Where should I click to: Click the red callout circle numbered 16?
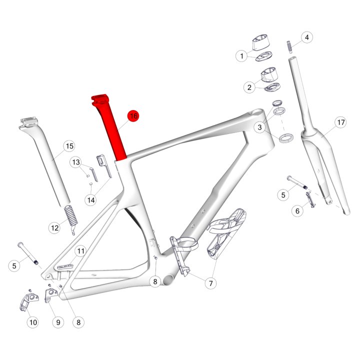click(133, 116)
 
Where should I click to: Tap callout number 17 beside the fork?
click(341, 122)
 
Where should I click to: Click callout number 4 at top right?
click(307, 37)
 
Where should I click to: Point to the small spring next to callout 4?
click(289, 47)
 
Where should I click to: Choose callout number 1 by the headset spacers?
click(241, 56)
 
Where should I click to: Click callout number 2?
click(249, 87)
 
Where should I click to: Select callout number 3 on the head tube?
click(259, 127)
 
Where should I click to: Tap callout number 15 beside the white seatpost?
click(69, 146)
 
